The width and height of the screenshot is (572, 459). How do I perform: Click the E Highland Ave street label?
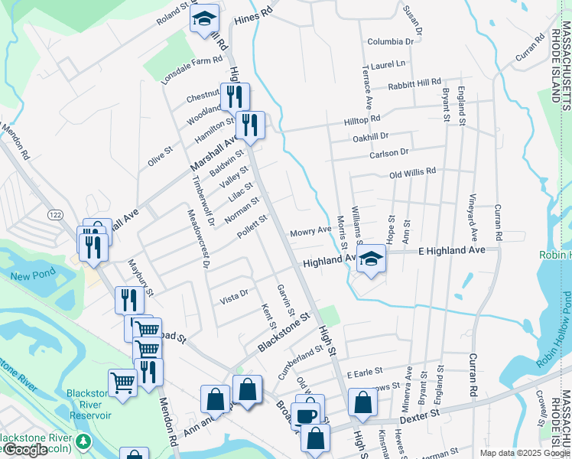click(x=452, y=251)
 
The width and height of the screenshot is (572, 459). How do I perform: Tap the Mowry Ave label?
click(x=310, y=231)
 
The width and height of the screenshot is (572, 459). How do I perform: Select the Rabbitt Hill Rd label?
click(x=414, y=83)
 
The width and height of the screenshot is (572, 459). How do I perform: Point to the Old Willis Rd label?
click(x=412, y=172)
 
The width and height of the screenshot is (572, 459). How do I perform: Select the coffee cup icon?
click(x=306, y=416)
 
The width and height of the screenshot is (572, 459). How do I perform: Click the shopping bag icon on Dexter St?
click(x=362, y=402)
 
